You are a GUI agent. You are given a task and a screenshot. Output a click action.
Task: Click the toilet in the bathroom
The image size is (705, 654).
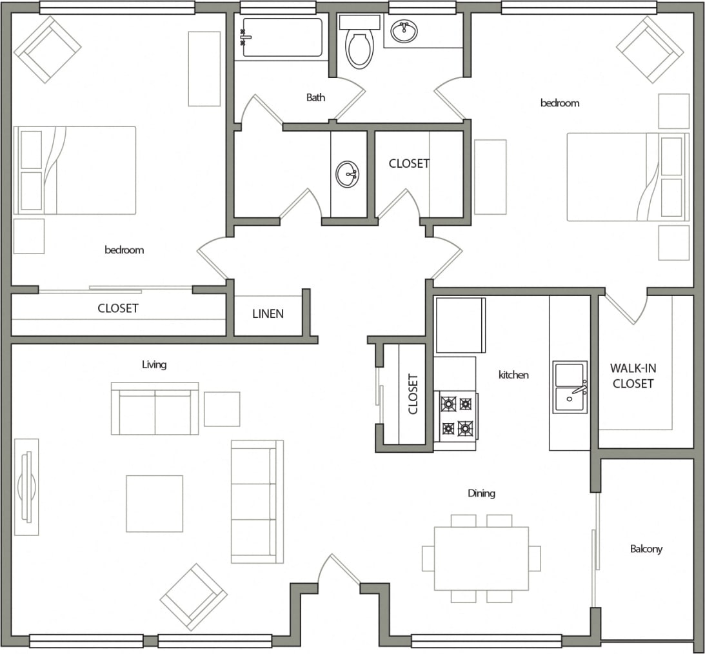(359, 47)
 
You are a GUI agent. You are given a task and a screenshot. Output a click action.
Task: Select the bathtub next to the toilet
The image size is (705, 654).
(282, 38)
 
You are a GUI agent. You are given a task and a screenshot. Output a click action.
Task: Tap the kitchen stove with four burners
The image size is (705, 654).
(456, 416)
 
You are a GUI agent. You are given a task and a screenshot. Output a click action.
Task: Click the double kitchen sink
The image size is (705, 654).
(570, 387)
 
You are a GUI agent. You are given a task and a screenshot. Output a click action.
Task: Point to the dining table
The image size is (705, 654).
(481, 559)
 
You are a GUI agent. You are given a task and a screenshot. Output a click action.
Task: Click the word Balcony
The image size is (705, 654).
(646, 549)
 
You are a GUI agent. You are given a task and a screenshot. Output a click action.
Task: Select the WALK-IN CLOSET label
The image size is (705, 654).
(633, 376)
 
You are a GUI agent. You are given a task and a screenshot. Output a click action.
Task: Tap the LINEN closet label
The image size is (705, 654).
(268, 314)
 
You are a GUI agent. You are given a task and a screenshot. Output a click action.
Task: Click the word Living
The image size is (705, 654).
(154, 364)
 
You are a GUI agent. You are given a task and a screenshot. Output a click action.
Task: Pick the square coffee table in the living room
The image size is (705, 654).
(154, 504)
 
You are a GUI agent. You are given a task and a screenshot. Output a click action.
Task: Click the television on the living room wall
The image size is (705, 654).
(26, 487)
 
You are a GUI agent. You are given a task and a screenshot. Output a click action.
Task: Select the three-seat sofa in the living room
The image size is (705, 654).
(257, 502)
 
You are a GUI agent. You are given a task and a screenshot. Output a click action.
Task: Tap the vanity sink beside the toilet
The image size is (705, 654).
(404, 31)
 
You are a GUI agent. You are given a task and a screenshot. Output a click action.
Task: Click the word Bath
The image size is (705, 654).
(315, 97)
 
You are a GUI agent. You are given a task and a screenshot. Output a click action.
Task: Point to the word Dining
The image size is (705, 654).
(481, 493)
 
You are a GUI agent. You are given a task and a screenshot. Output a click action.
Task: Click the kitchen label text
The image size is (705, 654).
(513, 374)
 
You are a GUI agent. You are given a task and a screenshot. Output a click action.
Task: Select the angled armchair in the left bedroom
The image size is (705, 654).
(47, 49)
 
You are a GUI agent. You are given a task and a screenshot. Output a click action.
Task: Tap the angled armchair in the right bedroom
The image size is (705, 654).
(650, 49)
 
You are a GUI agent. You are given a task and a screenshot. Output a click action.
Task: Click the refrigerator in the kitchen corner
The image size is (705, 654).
(460, 325)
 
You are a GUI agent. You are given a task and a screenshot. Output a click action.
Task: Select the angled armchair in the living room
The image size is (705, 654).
(194, 597)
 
